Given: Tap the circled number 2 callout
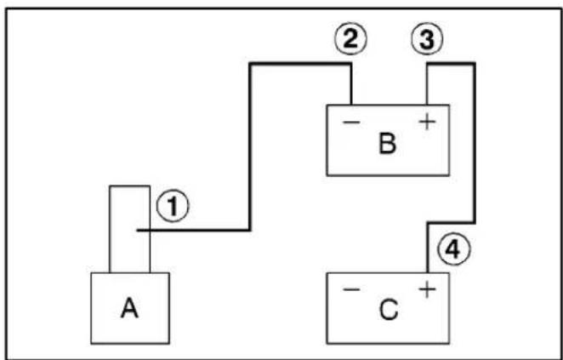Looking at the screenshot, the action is coord(350,40).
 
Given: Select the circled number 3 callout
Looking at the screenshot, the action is coord(427,40).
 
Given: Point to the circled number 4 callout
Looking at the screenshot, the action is coord(454,250).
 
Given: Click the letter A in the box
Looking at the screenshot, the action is coord(129,309).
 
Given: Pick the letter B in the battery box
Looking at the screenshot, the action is coord(388,144).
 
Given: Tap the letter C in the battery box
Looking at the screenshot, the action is coord(389,310).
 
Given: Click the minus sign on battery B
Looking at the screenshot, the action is coord(351,123).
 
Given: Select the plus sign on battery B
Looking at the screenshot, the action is coord(427,123).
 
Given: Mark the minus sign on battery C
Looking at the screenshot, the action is coord(351,289).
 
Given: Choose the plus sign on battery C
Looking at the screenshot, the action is coord(427,290).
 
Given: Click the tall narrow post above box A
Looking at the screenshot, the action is coord(129,229).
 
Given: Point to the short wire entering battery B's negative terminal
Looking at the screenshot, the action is coord(351,84).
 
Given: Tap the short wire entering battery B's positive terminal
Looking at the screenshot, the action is coord(427,84).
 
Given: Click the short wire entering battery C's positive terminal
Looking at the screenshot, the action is coord(428,248).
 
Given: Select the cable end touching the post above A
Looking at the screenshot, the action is coord(138,230).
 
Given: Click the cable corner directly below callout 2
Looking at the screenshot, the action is coord(351,65).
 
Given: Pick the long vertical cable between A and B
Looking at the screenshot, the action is coord(250,147).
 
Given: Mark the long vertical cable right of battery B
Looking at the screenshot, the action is coord(475,143).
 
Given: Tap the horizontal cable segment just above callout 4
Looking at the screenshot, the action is coord(452,223).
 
